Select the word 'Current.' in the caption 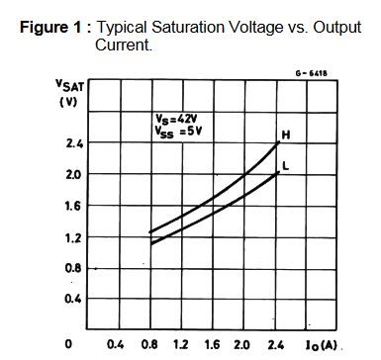(124, 45)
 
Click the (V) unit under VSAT (68, 102)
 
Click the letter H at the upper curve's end (286, 135)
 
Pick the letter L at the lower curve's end (285, 166)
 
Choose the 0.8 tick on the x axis (150, 345)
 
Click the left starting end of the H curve (150, 232)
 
